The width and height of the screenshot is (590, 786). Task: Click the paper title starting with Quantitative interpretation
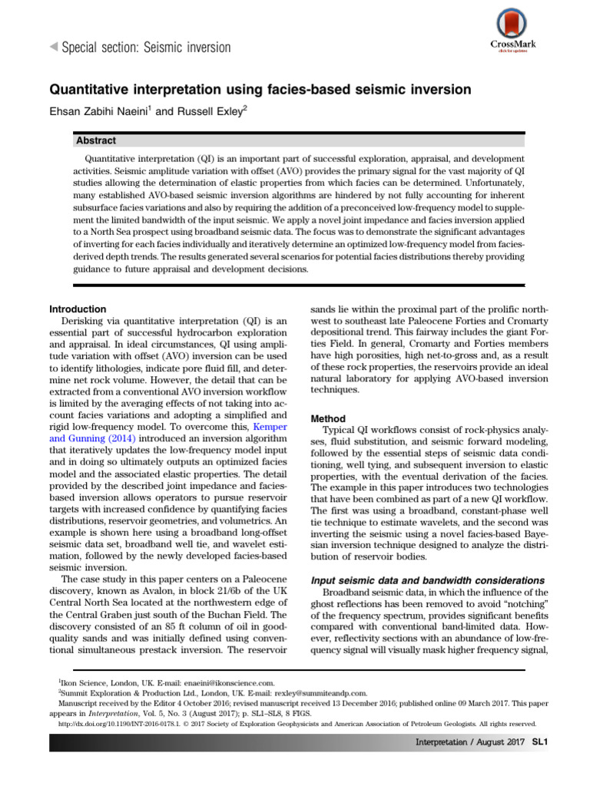[x=260, y=90]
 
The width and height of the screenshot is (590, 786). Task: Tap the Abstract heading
[x=96, y=140]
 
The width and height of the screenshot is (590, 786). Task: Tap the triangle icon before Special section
[x=53, y=48]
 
